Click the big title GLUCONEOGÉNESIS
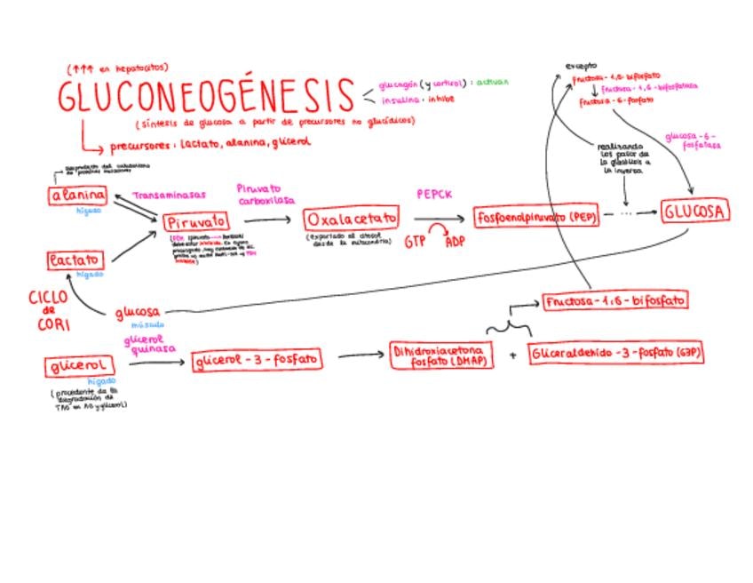coord(206,96)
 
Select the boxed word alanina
coord(77,196)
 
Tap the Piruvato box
coord(195,221)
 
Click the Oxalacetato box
coord(351,219)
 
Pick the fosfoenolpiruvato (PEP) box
coord(535,217)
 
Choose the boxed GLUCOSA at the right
coord(694,212)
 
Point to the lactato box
coord(75,260)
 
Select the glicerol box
coord(79,365)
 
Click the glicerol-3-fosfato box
coord(257,360)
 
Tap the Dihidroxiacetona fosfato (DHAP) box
coord(442,357)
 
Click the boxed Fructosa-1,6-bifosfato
coord(614,301)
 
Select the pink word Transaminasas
coord(170,195)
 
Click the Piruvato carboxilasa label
coord(265,195)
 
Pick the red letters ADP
coord(456,241)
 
